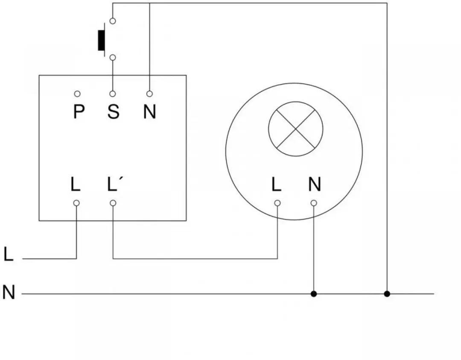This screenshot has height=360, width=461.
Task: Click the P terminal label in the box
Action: [x=79, y=111]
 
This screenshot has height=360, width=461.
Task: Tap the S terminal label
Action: [x=114, y=111]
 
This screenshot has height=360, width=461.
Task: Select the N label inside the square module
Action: [x=150, y=111]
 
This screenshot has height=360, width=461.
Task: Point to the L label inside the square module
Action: [x=76, y=184]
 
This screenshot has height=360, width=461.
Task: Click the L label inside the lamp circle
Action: [x=276, y=184]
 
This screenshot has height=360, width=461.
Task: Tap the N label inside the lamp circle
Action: [x=315, y=184]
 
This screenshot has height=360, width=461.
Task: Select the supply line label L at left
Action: [x=9, y=254]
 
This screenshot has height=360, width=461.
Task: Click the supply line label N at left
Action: [x=9, y=292]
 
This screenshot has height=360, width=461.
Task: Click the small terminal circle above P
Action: [x=77, y=94]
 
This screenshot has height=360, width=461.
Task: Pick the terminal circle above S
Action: [x=113, y=94]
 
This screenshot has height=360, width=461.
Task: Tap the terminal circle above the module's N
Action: [x=150, y=94]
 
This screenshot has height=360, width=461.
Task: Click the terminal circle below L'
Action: [x=113, y=203]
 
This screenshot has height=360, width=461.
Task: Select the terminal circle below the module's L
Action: [x=76, y=203]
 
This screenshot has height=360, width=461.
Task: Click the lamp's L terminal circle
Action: [x=277, y=203]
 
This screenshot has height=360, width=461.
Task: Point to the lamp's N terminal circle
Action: [x=314, y=203]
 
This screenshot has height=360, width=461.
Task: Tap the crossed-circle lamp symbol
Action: [x=296, y=129]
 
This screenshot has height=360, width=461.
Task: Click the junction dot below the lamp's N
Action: [x=314, y=293]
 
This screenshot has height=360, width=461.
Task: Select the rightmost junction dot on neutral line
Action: [x=387, y=293]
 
